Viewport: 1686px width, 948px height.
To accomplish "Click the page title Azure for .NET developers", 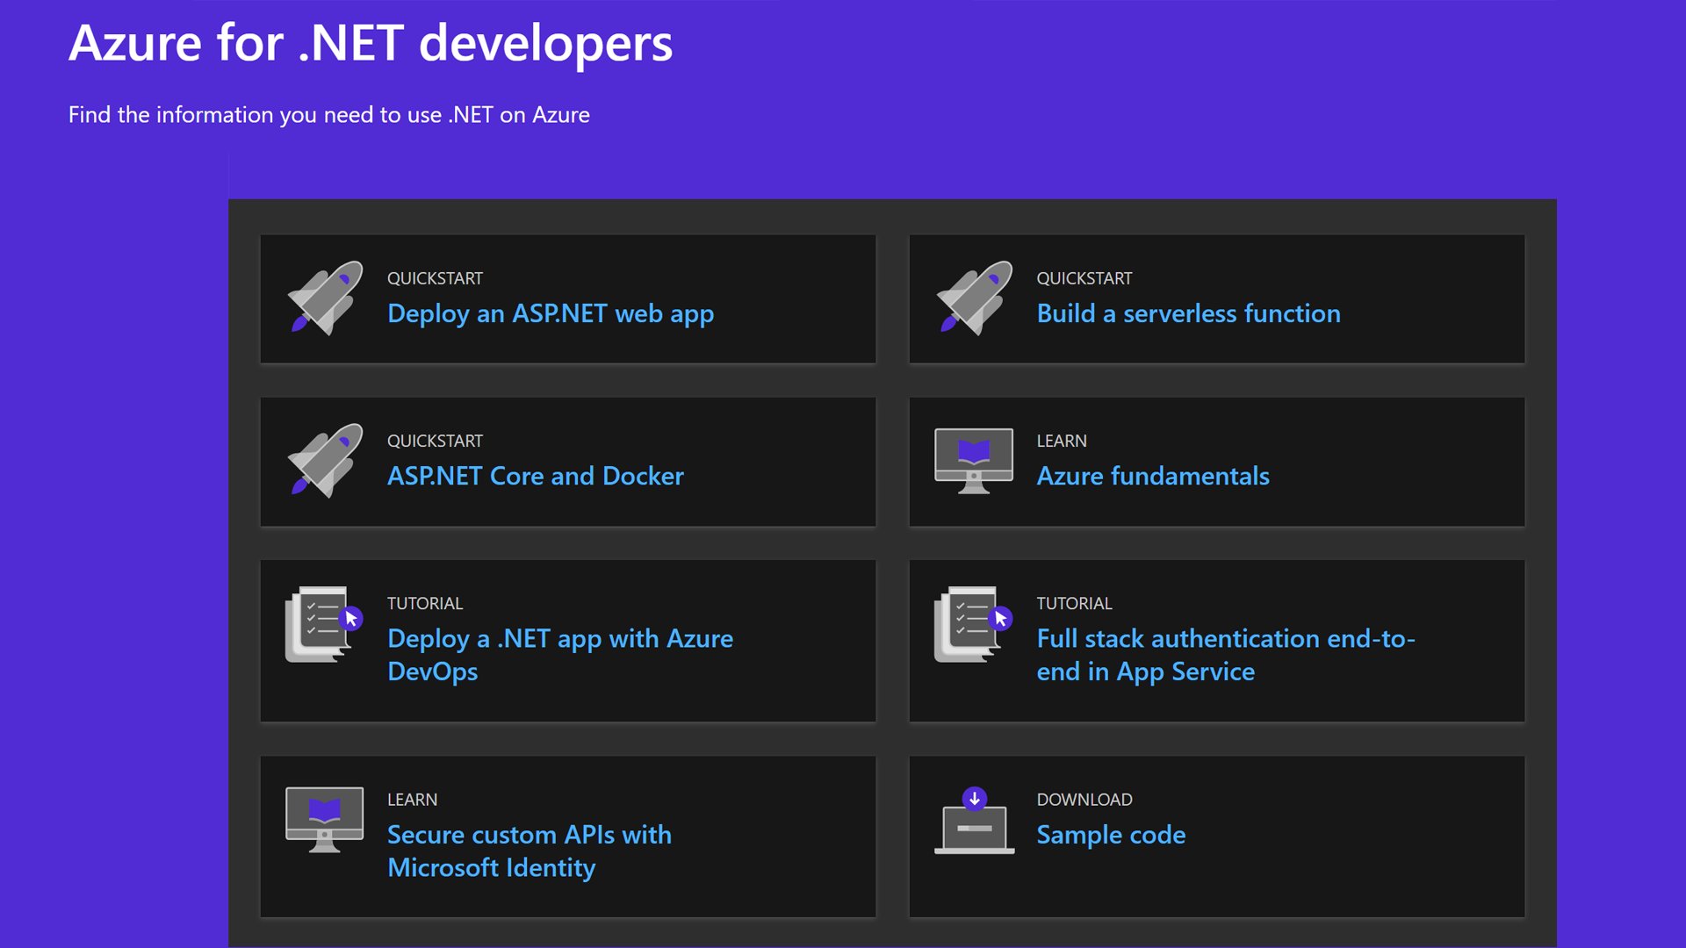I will pyautogui.click(x=371, y=43).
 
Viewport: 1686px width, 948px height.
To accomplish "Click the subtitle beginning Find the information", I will pyautogui.click(x=328, y=115).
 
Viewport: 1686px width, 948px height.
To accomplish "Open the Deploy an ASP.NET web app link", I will pyautogui.click(x=550, y=313).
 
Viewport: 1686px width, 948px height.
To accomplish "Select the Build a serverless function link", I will pyautogui.click(x=1188, y=313).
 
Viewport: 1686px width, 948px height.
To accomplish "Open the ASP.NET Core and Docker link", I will pyautogui.click(x=535, y=476).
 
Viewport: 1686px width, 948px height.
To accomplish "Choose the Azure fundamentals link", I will pyautogui.click(x=1152, y=476).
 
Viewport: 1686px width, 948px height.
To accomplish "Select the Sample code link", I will pyautogui.click(x=1111, y=834).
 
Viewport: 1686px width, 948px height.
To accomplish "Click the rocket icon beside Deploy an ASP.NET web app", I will pyautogui.click(x=325, y=298).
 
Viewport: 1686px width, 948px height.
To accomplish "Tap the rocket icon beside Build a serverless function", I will pyautogui.click(x=974, y=298).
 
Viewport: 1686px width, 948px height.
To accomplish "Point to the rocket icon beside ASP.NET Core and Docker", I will pyautogui.click(x=325, y=460).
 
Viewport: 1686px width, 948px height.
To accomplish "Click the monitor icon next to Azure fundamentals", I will pyautogui.click(x=974, y=460).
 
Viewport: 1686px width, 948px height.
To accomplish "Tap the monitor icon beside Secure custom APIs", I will pyautogui.click(x=324, y=818).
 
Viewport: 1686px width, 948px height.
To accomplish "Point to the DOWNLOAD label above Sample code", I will pyautogui.click(x=1084, y=800).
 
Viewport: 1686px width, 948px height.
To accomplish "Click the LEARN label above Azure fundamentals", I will pyautogui.click(x=1061, y=441).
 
